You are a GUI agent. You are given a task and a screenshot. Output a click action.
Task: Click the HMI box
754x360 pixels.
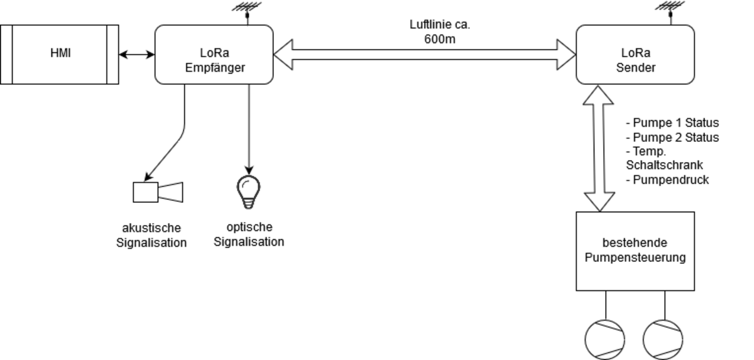pyautogui.click(x=60, y=54)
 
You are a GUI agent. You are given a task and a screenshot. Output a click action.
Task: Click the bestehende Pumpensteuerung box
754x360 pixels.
pyautogui.click(x=635, y=251)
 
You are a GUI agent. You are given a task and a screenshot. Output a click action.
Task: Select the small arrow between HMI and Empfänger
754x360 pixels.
pyautogui.click(x=137, y=55)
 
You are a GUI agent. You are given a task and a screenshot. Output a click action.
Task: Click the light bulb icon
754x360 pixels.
pyautogui.click(x=248, y=191)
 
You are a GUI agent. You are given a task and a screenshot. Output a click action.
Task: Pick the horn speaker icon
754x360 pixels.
pyautogui.click(x=158, y=192)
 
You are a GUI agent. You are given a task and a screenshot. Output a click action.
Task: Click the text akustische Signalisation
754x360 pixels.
pyautogui.click(x=151, y=236)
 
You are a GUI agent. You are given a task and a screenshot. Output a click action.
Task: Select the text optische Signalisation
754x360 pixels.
pyautogui.click(x=249, y=234)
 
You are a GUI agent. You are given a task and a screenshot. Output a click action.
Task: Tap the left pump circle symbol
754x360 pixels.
pyautogui.click(x=605, y=339)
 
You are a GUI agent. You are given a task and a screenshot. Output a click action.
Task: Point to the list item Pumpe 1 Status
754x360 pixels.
pyautogui.click(x=672, y=123)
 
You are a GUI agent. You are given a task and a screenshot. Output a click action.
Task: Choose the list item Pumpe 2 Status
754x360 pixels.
pyautogui.click(x=672, y=137)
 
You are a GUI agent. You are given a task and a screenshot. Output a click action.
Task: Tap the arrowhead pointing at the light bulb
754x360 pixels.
pyautogui.click(x=249, y=171)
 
